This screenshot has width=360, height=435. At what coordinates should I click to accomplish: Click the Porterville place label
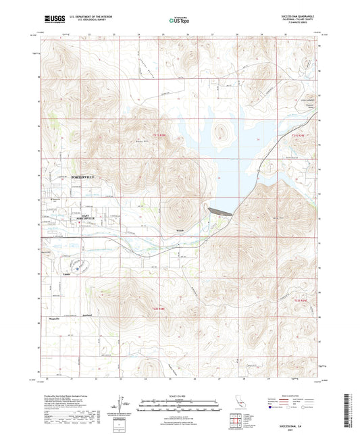85,176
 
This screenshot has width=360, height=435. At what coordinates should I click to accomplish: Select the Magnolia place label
55,317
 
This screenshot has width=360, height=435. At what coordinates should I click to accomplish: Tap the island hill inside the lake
221,132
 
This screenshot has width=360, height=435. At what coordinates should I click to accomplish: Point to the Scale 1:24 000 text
180,395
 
